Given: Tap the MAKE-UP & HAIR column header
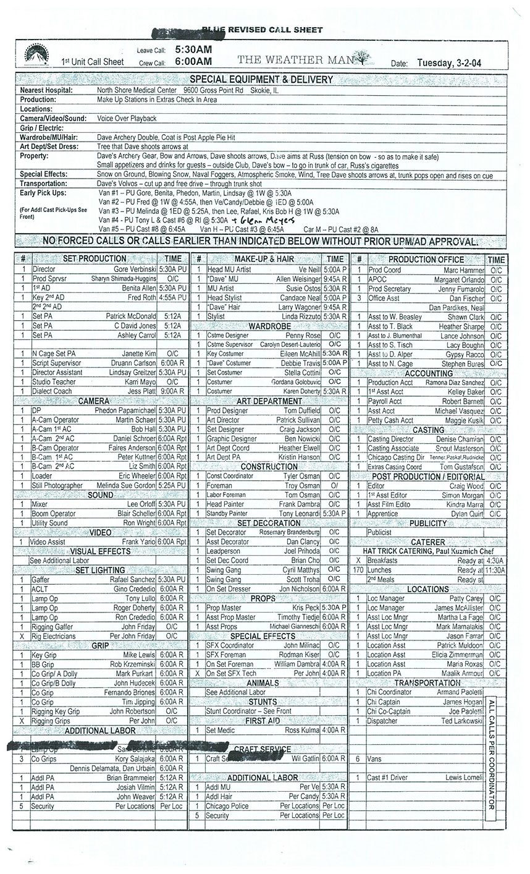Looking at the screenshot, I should (x=264, y=259).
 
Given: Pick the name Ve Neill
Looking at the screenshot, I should (x=309, y=269).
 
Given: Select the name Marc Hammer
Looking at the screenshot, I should (x=464, y=270).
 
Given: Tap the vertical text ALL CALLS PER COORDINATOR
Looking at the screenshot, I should (x=492, y=754).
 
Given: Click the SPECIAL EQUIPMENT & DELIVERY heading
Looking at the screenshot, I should (x=261, y=80).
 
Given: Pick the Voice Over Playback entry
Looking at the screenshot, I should (x=127, y=118).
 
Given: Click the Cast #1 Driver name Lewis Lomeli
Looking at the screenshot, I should (x=463, y=778).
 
